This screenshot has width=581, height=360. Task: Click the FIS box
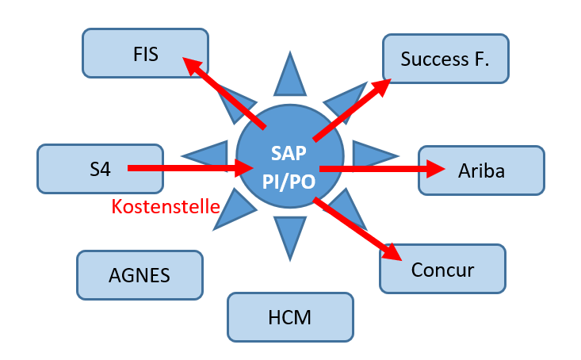pyautogui.click(x=146, y=55)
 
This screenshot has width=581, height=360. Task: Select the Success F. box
pyautogui.click(x=445, y=59)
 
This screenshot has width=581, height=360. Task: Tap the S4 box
pyautogui.click(x=100, y=168)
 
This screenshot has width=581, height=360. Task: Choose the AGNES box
pyautogui.click(x=140, y=275)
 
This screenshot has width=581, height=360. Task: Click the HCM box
pyautogui.click(x=289, y=317)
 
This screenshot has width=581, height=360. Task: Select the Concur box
pyautogui.click(x=442, y=270)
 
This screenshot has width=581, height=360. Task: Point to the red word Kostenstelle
pyautogui.click(x=165, y=207)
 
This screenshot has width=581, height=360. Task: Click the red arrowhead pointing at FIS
pyautogui.click(x=193, y=67)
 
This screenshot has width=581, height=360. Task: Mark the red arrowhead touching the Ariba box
pyautogui.click(x=432, y=168)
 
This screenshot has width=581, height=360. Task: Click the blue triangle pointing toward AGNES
pyautogui.click(x=230, y=213)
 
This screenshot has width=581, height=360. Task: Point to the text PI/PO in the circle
pyautogui.click(x=289, y=181)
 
